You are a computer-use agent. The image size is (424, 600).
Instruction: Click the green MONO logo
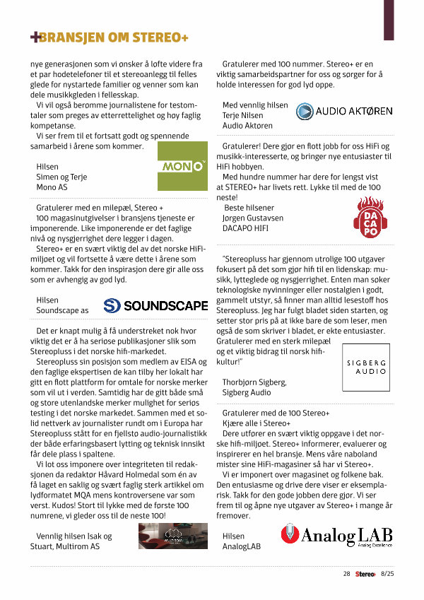coord(182,167)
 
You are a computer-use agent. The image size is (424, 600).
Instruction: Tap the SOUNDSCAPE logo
coord(155,305)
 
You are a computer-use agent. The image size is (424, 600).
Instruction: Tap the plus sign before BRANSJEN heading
coord(35,37)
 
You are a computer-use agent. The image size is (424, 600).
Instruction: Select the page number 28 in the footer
coord(346,574)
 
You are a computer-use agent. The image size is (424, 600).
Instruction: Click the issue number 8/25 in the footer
coord(388,574)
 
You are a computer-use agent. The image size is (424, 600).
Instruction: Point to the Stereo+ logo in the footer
coord(365,574)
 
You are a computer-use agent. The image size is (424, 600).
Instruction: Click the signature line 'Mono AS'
coord(52,188)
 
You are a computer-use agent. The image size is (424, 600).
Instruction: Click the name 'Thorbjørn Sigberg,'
coord(254,382)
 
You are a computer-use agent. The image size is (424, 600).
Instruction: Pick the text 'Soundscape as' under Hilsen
coord(62,310)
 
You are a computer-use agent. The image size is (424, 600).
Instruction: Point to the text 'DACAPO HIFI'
coord(247,230)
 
